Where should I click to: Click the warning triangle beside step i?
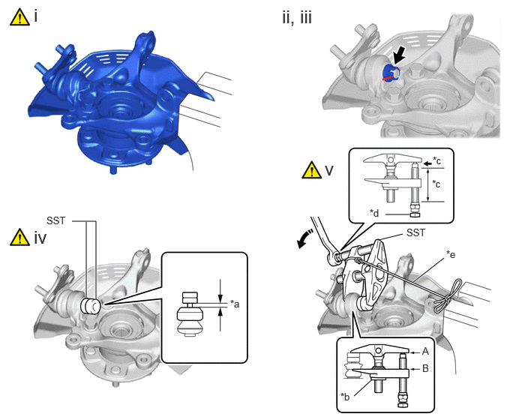tap(20, 17)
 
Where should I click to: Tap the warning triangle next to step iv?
tap(20, 237)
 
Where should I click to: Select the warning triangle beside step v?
tap(312, 169)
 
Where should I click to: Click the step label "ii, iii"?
tap(297, 17)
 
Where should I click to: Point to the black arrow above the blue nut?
tap(400, 55)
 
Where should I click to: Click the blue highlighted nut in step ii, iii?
tap(391, 73)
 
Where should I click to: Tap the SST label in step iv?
tap(56, 220)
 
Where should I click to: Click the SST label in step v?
tap(415, 232)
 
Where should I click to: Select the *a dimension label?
tap(235, 304)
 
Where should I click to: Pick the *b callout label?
tap(345, 396)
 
